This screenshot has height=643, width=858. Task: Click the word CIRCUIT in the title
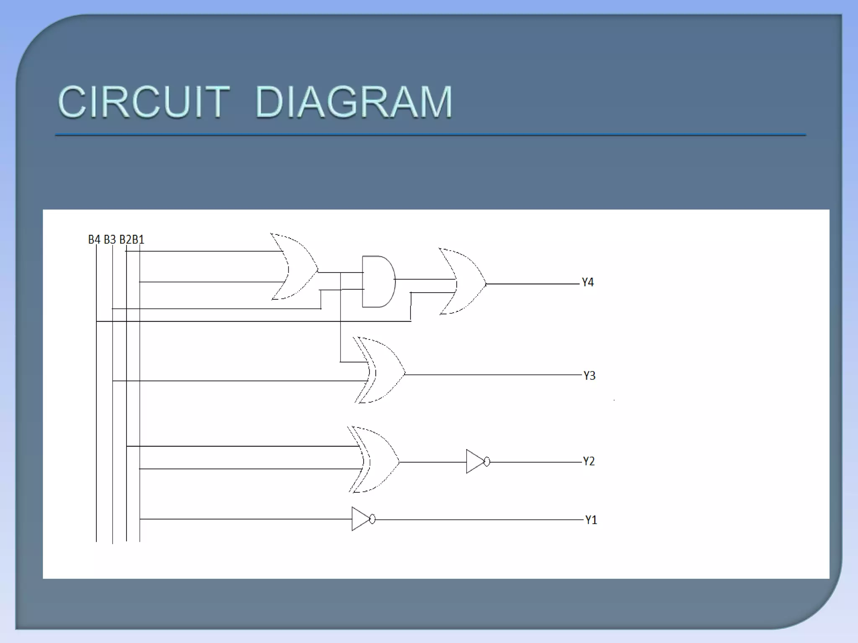(x=144, y=102)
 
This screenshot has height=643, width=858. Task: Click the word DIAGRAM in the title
(x=354, y=102)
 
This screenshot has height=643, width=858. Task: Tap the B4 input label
(x=94, y=239)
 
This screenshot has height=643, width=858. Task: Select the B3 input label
(x=110, y=239)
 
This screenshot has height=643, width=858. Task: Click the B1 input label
(x=138, y=239)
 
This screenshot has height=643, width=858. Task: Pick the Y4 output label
(x=588, y=283)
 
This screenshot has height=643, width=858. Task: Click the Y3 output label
(x=589, y=376)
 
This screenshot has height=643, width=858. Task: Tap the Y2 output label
(x=589, y=461)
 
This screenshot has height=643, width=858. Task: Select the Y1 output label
(x=591, y=520)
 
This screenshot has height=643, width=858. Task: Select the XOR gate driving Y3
(x=383, y=370)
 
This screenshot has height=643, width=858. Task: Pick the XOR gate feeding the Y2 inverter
(x=377, y=460)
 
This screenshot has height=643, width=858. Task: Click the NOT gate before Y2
(x=476, y=462)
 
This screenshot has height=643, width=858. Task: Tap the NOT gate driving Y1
(x=361, y=519)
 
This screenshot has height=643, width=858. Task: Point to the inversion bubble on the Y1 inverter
(x=372, y=520)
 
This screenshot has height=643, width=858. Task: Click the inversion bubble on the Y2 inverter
(x=487, y=462)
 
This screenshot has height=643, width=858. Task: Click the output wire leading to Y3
(x=494, y=375)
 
